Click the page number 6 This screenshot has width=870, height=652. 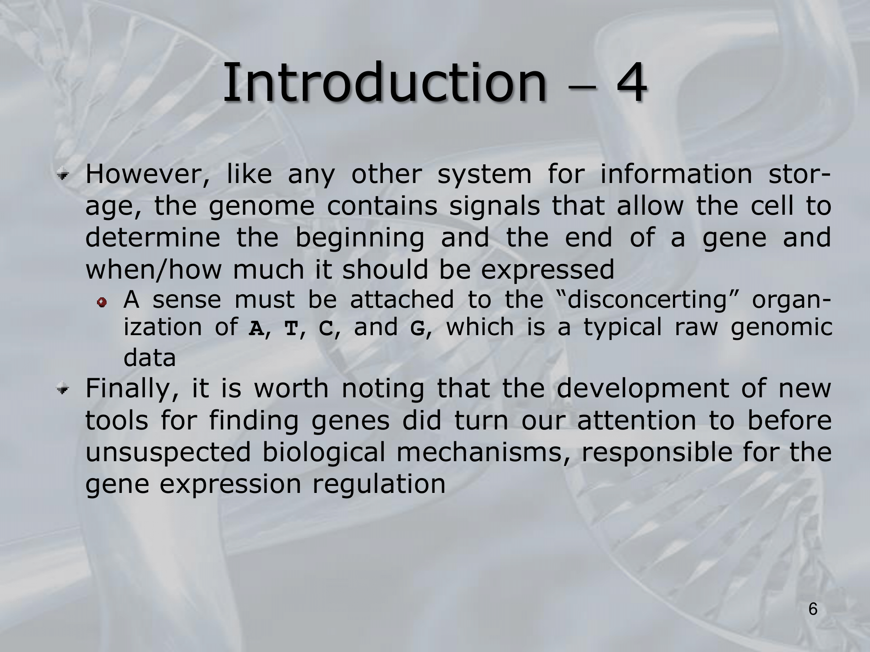[x=813, y=609]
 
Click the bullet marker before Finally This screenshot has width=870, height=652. [x=64, y=389]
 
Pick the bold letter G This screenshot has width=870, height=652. [x=417, y=329]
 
